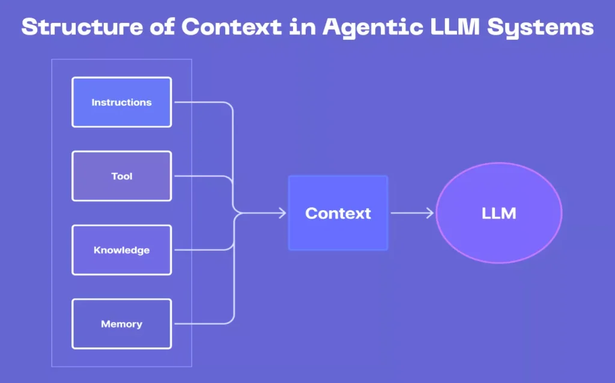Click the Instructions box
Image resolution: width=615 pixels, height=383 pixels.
tap(121, 102)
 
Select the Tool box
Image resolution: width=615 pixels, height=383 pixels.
tap(121, 176)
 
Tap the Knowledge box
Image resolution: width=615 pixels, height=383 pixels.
tap(121, 250)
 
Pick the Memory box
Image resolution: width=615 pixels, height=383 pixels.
tap(121, 324)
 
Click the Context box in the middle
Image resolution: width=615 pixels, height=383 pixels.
tap(338, 213)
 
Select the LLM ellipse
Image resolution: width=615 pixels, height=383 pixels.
tap(498, 213)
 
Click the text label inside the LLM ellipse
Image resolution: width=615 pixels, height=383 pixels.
tap(498, 213)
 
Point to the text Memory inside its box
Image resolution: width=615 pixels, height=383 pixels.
tap(121, 324)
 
